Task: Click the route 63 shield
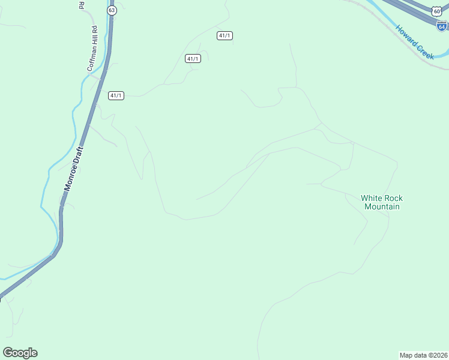tap(112, 11)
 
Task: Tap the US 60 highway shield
tap(436, 10)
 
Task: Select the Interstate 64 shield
tap(442, 26)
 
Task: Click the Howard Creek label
tap(414, 42)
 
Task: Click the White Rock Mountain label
tap(382, 202)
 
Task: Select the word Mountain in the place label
tap(382, 207)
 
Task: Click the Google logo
tap(20, 353)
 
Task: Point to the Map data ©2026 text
tap(423, 355)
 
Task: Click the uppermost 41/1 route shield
tap(224, 36)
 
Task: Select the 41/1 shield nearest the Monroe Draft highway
tap(116, 95)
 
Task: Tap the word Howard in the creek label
tap(406, 35)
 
